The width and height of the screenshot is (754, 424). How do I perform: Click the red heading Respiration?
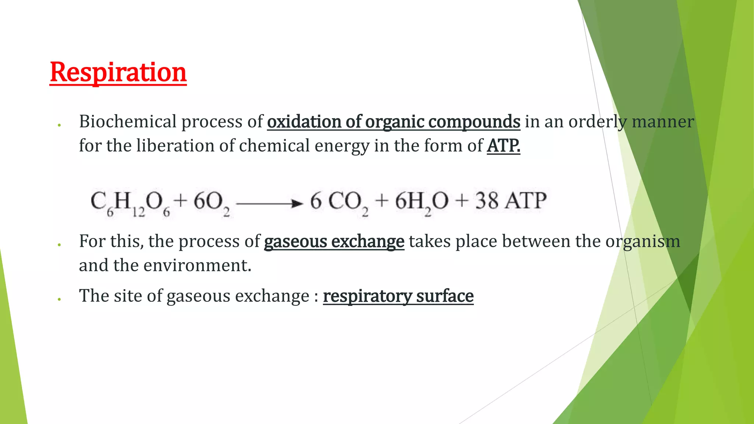tap(118, 72)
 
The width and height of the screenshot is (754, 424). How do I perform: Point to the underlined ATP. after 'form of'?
tap(503, 146)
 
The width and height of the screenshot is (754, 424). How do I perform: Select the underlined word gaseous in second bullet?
tap(296, 242)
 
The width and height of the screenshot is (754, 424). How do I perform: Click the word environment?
tap(197, 265)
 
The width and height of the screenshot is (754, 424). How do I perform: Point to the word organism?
tap(643, 241)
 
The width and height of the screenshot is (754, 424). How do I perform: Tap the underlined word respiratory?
tap(367, 296)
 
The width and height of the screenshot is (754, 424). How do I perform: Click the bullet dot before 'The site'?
tap(59, 299)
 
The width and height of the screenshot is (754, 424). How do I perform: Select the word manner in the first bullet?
tap(663, 122)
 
